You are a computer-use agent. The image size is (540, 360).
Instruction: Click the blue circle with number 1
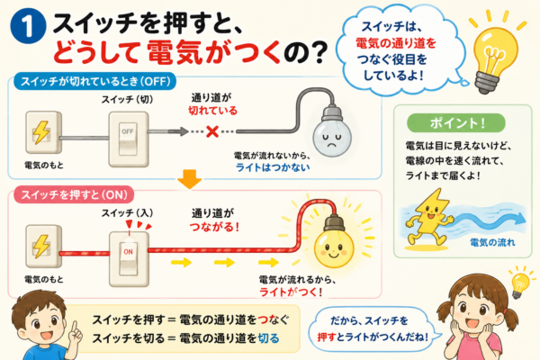[28, 26]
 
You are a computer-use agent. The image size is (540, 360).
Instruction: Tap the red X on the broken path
[212, 131]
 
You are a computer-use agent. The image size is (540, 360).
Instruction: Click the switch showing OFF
[129, 139]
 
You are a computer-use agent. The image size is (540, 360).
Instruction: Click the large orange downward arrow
[189, 179]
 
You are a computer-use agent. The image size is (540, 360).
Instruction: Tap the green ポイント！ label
[456, 123]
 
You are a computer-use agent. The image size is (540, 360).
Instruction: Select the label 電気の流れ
[492, 242]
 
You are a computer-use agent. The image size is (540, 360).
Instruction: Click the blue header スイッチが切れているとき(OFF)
[95, 82]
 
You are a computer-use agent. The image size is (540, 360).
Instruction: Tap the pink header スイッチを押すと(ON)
[74, 195]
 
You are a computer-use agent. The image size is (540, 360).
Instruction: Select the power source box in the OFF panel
[44, 132]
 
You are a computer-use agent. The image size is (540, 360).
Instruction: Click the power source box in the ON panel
[44, 246]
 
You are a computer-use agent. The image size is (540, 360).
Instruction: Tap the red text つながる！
[214, 227]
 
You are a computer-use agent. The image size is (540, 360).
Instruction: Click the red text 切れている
[212, 110]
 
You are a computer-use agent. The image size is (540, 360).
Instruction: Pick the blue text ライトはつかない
[273, 167]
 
